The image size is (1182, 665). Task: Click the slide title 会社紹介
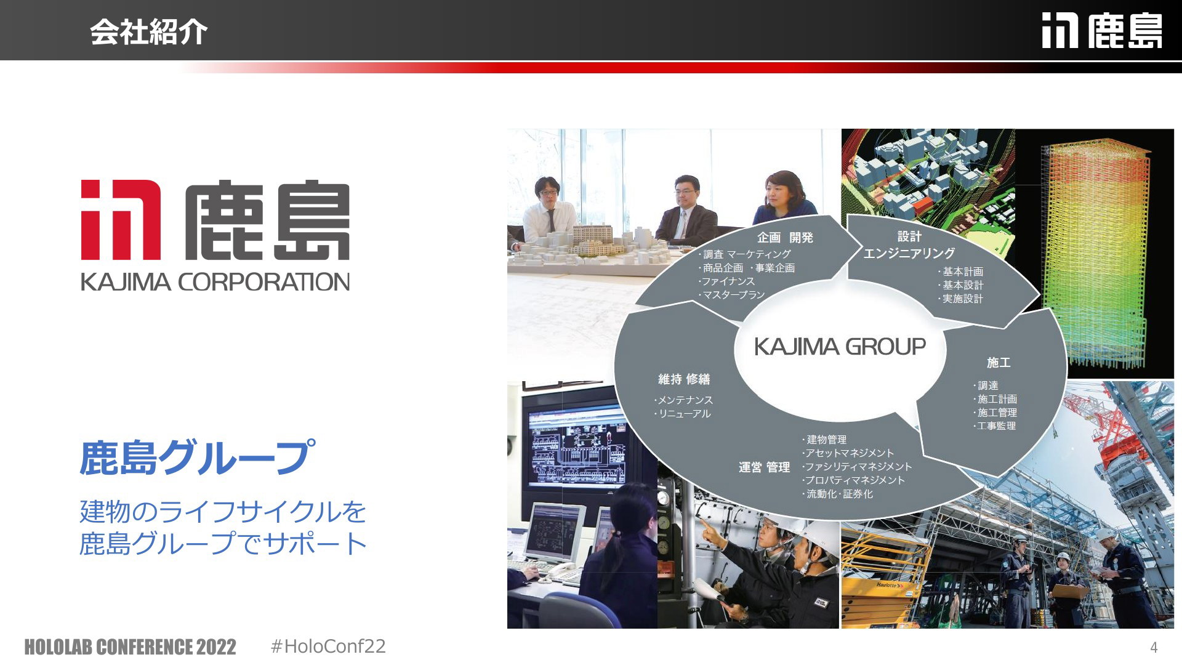coord(149,31)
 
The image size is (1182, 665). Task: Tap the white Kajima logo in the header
coord(1102,31)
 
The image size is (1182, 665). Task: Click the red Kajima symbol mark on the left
coord(121,220)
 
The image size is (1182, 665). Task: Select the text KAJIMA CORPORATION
coord(215,282)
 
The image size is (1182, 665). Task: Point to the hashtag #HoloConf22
coord(328,646)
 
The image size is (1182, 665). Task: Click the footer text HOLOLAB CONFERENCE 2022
coord(130,647)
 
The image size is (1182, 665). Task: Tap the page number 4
coord(1154,647)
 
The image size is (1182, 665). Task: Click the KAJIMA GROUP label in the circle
coord(840,347)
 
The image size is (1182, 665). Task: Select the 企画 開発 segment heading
coord(785,238)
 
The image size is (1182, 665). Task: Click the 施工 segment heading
coord(999,363)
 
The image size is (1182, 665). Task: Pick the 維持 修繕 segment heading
coord(684,379)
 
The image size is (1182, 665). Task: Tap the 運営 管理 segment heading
coord(764,468)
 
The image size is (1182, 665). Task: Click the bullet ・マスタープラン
coord(732,295)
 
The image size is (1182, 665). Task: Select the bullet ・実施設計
coord(960,299)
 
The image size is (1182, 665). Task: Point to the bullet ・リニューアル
coord(683,414)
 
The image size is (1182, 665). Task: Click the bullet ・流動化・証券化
coord(837,494)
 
